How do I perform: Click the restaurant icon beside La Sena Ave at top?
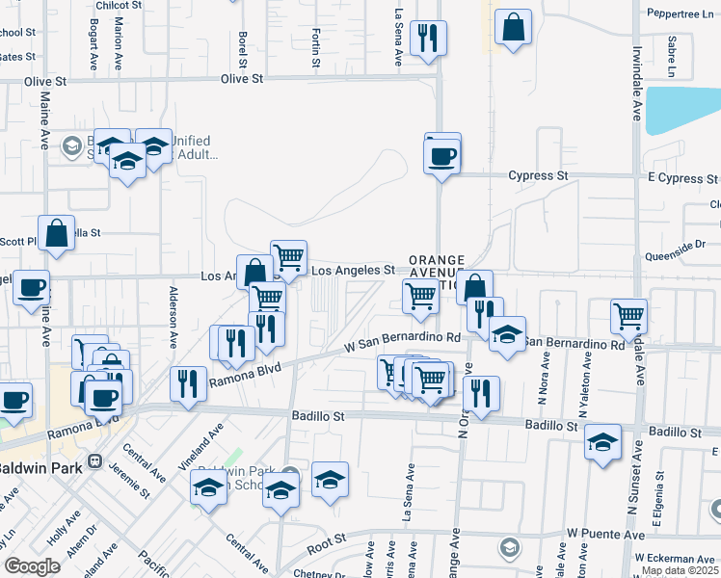click(426, 39)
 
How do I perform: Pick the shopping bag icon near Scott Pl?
click(57, 234)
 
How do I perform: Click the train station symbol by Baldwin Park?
click(95, 461)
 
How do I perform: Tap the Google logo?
click(31, 565)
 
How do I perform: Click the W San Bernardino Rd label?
click(404, 339)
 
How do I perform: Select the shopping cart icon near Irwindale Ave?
click(628, 314)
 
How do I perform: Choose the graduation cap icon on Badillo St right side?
click(603, 442)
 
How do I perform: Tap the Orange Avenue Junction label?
click(437, 273)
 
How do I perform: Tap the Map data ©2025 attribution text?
click(681, 570)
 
